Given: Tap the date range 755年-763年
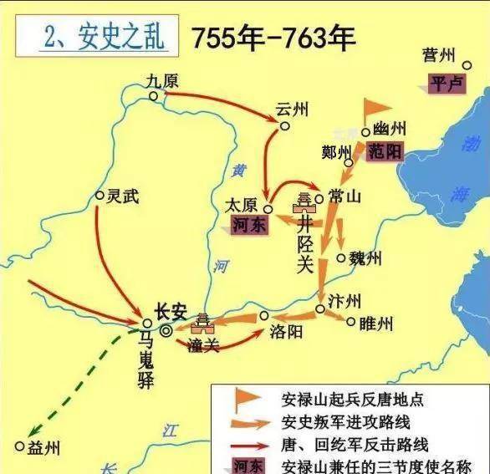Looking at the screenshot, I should pos(273,38).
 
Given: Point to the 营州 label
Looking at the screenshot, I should pos(439,56).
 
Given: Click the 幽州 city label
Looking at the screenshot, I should pos(389,129).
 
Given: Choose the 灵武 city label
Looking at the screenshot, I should pos(122,196).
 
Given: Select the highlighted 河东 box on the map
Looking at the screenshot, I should pos(248,225).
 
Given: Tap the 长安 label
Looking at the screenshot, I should pos(168,310).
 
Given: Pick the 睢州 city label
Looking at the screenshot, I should pos(373,322).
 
